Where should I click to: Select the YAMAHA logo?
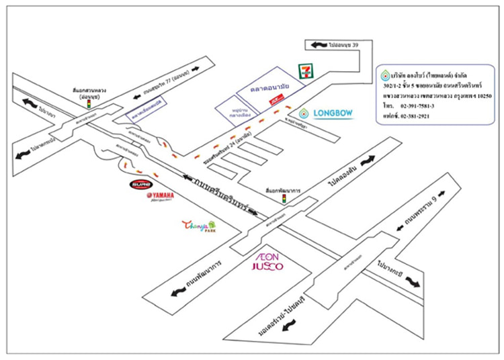160,196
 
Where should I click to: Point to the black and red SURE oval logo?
138,183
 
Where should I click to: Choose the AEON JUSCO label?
267,261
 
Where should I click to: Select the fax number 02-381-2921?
407,116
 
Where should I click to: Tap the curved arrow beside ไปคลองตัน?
368,161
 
